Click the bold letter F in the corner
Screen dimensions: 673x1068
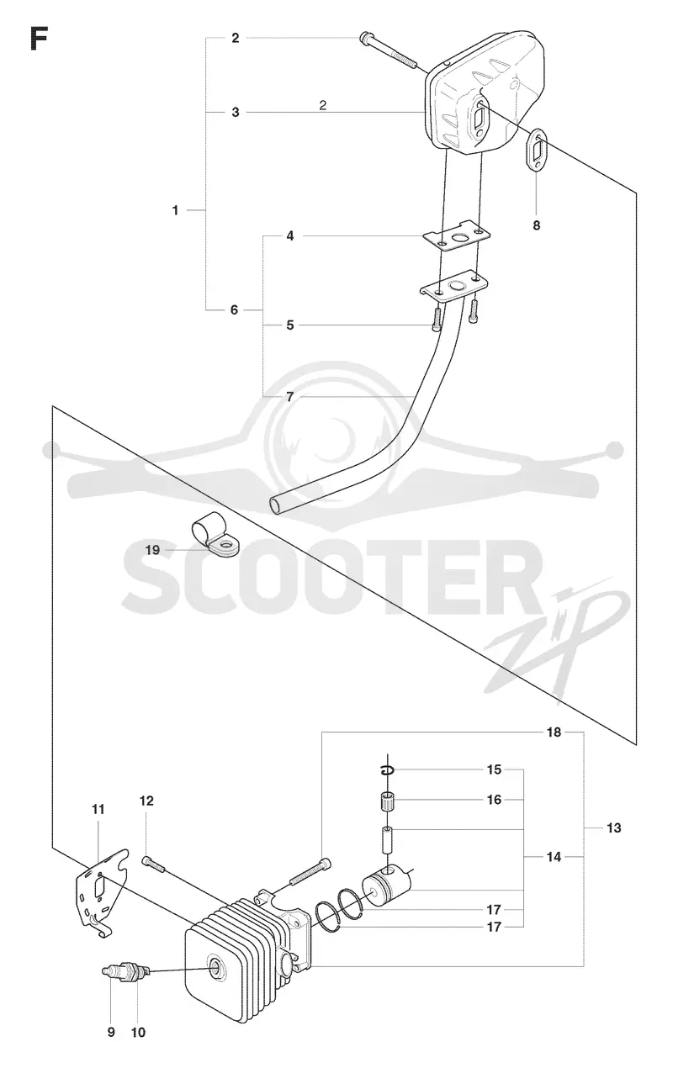click(39, 38)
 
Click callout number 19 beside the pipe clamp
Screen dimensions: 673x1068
click(152, 550)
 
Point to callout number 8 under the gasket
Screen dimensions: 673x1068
click(537, 225)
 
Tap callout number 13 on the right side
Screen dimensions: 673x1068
click(614, 828)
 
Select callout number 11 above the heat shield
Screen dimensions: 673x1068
click(98, 810)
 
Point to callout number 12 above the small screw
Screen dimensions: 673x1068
click(147, 801)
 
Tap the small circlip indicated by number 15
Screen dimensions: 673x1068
click(388, 770)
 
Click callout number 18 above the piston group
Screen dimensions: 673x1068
click(554, 732)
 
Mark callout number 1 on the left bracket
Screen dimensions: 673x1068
click(176, 210)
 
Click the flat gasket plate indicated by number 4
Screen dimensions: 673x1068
click(458, 235)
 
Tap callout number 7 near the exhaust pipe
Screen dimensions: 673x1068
click(290, 397)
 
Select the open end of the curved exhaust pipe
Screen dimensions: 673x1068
click(277, 505)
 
